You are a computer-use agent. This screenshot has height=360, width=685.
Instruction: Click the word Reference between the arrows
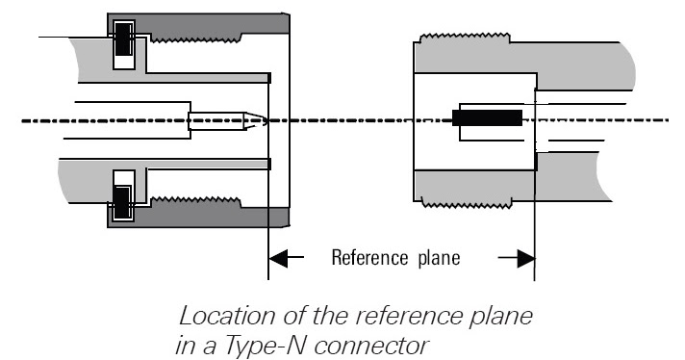pyautogui.click(x=368, y=258)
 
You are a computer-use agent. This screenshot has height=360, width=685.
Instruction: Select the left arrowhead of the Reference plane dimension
pyautogui.click(x=279, y=258)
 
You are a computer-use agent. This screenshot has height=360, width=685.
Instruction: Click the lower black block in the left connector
pyautogui.click(x=124, y=201)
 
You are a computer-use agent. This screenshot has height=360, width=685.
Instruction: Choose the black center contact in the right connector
pyautogui.click(x=487, y=119)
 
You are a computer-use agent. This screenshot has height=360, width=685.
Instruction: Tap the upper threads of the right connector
pyautogui.click(x=471, y=40)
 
